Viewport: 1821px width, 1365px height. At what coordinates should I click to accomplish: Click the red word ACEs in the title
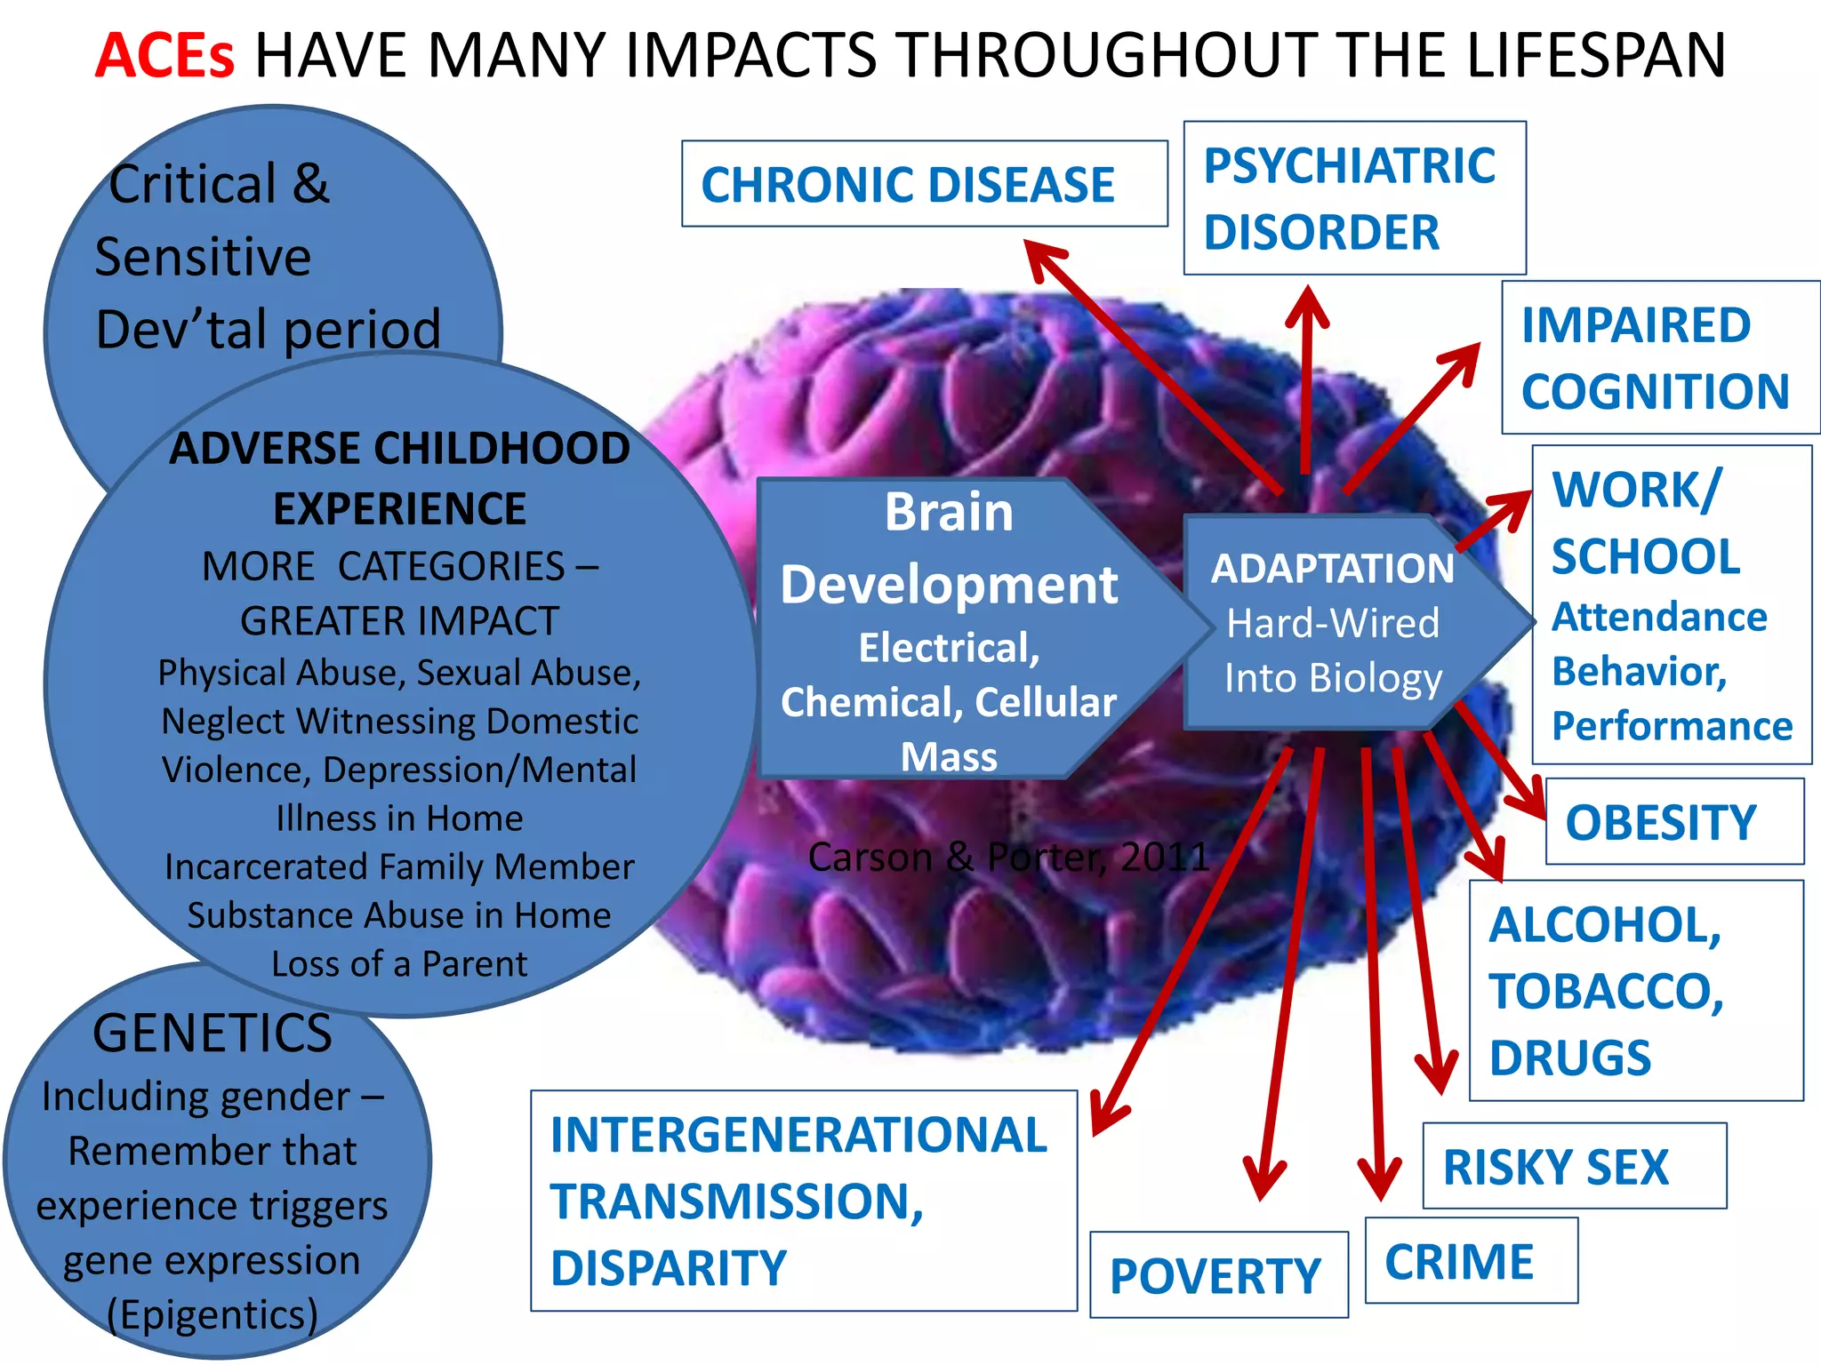click(164, 55)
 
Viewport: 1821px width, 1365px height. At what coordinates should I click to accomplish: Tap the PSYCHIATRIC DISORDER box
click(1353, 198)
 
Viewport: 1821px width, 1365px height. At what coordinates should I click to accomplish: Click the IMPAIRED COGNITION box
click(1659, 357)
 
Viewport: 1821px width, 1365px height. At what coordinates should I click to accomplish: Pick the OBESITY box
click(1673, 822)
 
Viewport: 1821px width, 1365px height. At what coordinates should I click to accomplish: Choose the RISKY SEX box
click(1573, 1166)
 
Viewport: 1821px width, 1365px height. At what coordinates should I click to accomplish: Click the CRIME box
click(1470, 1261)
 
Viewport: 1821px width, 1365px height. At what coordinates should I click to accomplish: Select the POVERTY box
click(1217, 1275)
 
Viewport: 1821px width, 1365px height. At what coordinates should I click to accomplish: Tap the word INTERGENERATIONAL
click(798, 1136)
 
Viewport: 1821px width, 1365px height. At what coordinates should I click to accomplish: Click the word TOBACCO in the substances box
click(1606, 991)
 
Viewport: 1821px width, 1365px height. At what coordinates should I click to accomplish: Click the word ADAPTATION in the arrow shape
click(1332, 569)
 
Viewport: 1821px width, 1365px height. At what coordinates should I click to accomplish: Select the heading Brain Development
click(948, 548)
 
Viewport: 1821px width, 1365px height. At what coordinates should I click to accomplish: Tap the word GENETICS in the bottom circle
click(213, 1034)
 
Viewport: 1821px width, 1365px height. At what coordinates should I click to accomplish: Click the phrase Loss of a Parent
click(399, 964)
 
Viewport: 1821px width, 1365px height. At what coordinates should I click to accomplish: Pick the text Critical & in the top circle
click(219, 184)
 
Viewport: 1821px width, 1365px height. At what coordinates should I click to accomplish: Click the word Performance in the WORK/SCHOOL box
click(1671, 726)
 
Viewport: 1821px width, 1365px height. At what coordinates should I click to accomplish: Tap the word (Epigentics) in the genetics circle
click(213, 1314)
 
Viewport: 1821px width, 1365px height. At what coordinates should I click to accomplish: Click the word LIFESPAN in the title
click(1596, 55)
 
